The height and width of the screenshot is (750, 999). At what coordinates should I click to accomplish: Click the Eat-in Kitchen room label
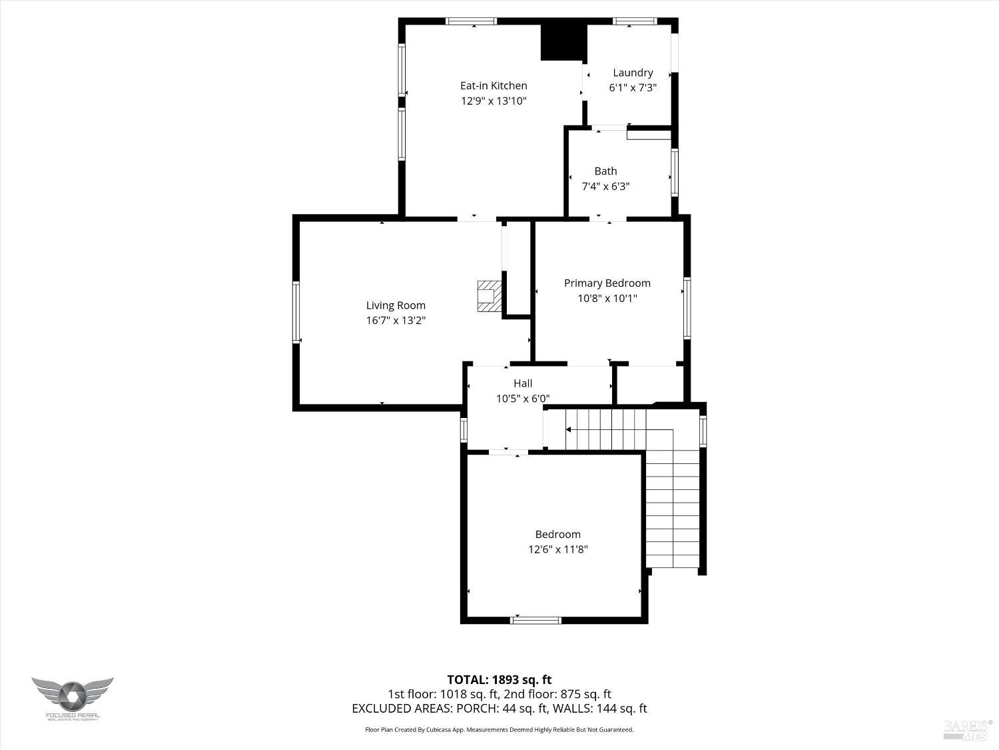[x=494, y=85]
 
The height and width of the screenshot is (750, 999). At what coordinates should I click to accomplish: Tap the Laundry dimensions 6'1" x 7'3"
[x=632, y=88]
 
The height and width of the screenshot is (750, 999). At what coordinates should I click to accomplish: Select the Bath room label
[x=605, y=171]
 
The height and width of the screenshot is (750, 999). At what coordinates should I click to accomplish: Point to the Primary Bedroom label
[x=607, y=283]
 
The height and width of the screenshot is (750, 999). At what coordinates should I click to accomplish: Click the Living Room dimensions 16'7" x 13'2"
[x=396, y=321]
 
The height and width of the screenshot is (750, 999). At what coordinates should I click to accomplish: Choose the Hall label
[x=522, y=383]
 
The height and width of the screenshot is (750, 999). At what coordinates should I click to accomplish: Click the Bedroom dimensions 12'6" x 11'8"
[x=557, y=550]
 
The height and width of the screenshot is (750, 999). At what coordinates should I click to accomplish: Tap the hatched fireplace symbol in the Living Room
[x=488, y=295]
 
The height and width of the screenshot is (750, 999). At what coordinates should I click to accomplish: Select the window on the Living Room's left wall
[x=296, y=312]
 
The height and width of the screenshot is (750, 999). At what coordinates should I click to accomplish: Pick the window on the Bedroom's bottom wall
[x=535, y=620]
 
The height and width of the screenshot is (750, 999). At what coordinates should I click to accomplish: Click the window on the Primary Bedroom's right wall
[x=687, y=308]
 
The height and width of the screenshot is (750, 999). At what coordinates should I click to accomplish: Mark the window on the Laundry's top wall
[x=634, y=21]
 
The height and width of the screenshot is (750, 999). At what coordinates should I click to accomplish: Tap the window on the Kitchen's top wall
[x=471, y=21]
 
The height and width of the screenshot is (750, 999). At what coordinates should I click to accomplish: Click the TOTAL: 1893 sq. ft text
[x=499, y=680]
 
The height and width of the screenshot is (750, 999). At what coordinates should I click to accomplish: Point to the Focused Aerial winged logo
[x=72, y=695]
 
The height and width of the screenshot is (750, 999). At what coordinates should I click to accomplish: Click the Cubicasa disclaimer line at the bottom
[x=499, y=730]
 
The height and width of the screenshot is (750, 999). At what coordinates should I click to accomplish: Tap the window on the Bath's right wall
[x=675, y=173]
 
